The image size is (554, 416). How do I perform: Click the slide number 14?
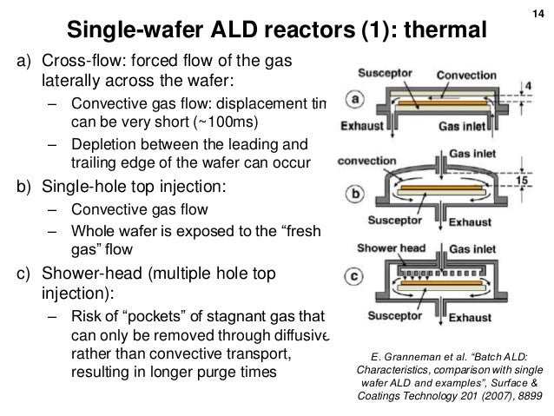pyautogui.click(x=538, y=12)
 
